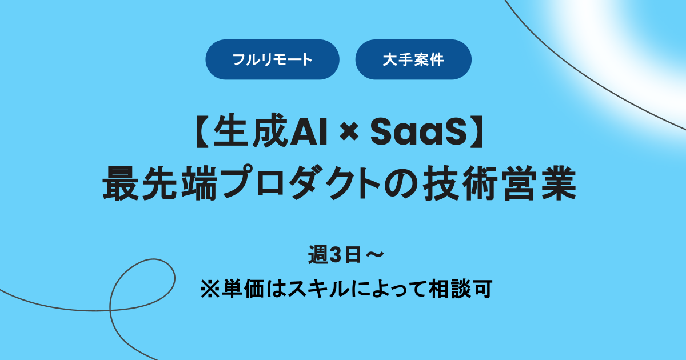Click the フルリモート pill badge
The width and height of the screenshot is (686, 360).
(272, 59)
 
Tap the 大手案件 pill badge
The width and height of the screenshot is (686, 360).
(413, 59)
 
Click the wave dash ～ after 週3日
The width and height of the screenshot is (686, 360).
(372, 255)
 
